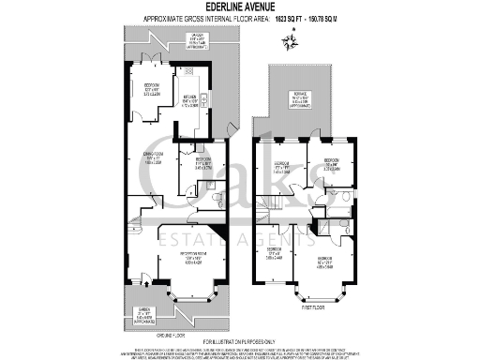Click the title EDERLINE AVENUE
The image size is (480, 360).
point(239,6)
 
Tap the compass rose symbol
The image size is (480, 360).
point(294,38)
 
